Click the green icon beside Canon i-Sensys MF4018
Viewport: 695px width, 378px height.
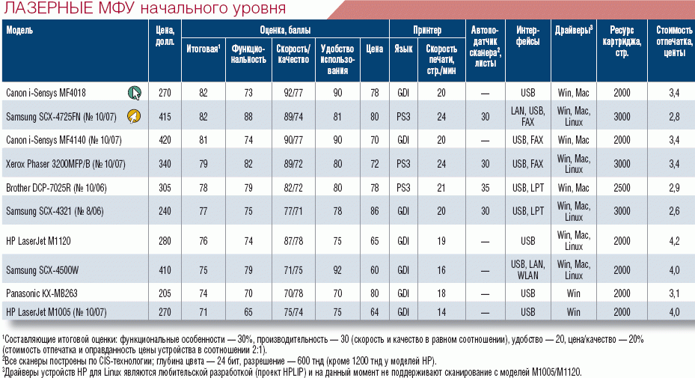[135, 93]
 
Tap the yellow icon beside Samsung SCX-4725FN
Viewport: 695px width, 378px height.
[135, 116]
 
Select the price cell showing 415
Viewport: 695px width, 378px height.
[165, 116]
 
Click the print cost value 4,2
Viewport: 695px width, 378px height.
[673, 240]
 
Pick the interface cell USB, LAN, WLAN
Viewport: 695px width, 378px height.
[527, 269]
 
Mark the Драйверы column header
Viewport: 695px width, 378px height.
[574, 30]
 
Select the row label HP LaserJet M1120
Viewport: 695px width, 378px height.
[38, 240]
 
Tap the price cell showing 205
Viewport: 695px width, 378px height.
[165, 293]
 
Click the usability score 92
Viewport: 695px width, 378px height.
[337, 269]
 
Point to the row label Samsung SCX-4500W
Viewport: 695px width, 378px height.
[43, 269]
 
